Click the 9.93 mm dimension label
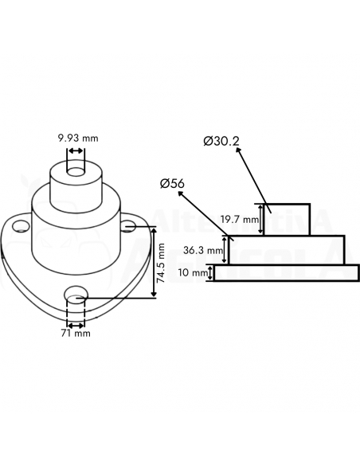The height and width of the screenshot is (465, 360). click(78, 139)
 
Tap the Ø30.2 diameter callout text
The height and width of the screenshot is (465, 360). click(221, 141)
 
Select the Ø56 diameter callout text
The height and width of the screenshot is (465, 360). click(172, 184)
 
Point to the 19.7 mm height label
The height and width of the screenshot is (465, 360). click(240, 220)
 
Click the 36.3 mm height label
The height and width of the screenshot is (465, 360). click(203, 250)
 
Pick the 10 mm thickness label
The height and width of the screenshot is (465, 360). click(192, 272)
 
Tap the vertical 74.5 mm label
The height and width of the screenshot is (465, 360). click(161, 263)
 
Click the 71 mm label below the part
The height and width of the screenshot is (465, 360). click(76, 334)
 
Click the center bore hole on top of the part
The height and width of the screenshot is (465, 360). click(76, 171)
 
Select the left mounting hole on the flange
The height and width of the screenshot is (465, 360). click(21, 226)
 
